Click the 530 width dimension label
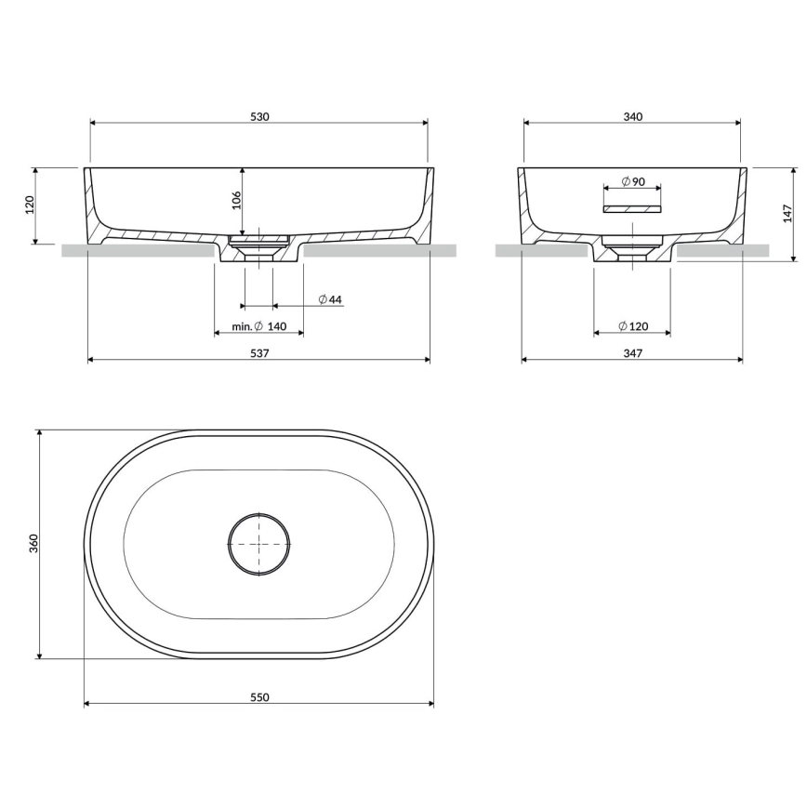click(259, 116)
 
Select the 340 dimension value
click(632, 116)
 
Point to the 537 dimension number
click(259, 353)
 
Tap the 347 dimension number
click(632, 353)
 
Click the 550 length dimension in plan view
click(259, 697)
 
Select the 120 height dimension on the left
click(29, 205)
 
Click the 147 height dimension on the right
click(789, 214)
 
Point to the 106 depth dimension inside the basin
click(236, 199)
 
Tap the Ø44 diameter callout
click(330, 299)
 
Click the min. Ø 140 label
click(259, 327)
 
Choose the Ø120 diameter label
click(633, 326)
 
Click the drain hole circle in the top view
click(259, 544)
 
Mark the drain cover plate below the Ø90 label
click(632, 209)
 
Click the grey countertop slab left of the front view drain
click(139, 250)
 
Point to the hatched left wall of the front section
click(92, 205)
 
